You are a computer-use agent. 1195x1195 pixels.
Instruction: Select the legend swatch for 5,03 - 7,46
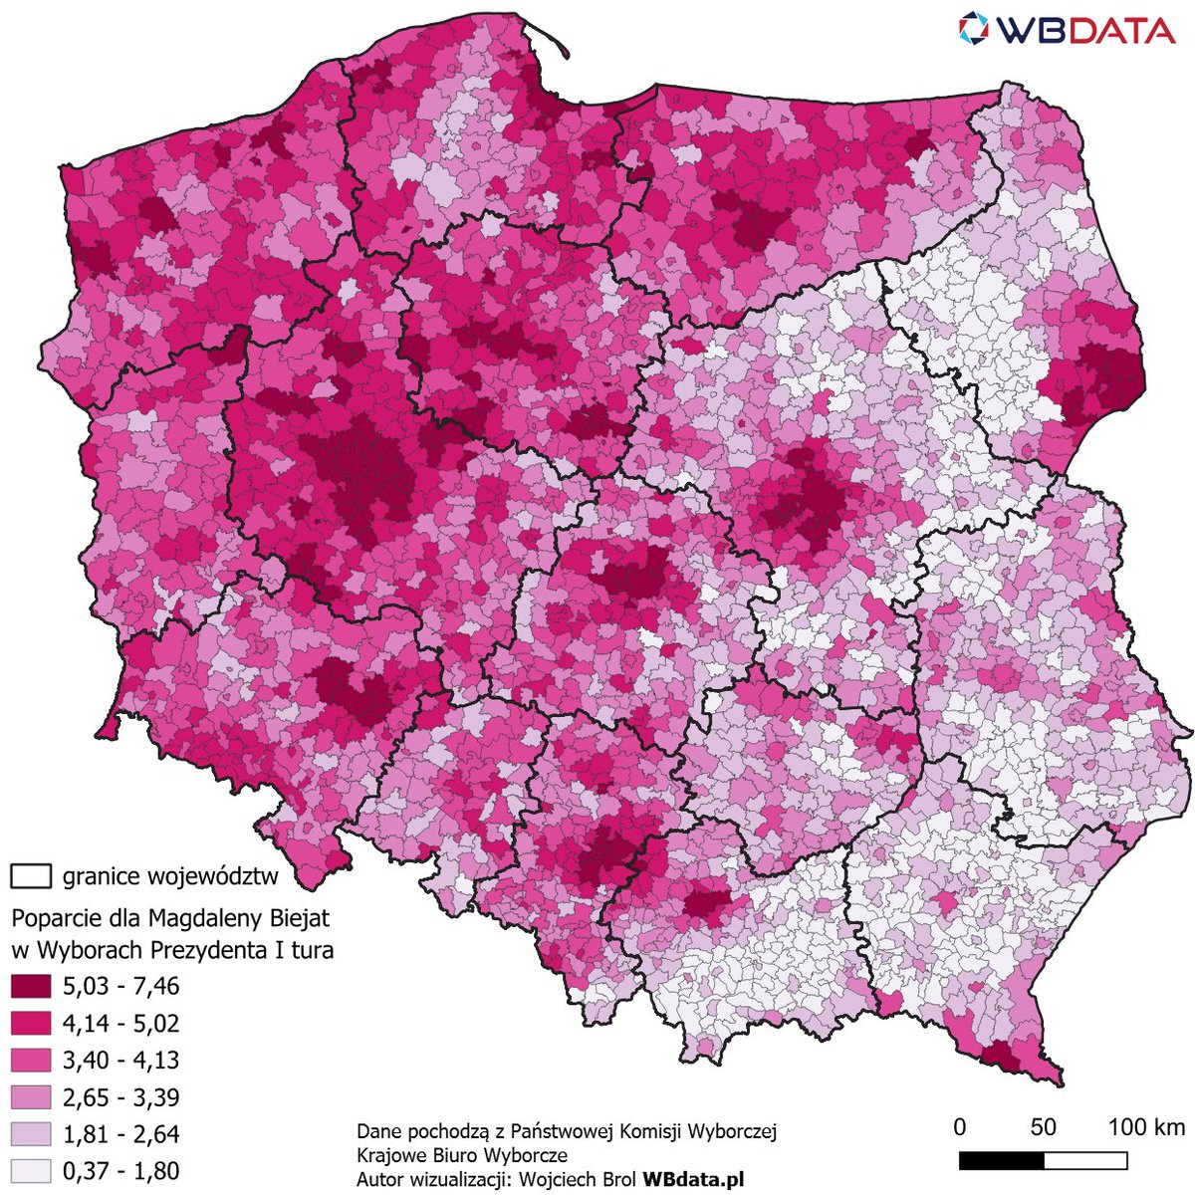click(x=30, y=986)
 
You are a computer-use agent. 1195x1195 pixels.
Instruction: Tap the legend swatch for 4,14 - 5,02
click(x=30, y=1023)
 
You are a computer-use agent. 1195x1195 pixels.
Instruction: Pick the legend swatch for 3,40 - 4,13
click(x=30, y=1060)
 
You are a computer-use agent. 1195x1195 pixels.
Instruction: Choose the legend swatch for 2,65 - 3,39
click(x=30, y=1097)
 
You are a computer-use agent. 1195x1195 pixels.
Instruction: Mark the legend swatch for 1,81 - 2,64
click(x=30, y=1134)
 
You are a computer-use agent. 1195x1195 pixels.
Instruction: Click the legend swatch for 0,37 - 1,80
click(x=30, y=1171)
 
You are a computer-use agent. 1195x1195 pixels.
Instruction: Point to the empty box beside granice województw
click(x=30, y=876)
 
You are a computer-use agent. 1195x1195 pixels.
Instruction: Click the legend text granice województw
click(x=169, y=877)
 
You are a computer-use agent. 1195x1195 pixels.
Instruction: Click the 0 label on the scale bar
click(x=959, y=1127)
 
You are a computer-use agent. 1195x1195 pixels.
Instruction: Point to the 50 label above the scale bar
click(x=1043, y=1127)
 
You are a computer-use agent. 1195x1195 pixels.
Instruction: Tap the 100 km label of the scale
click(x=1146, y=1127)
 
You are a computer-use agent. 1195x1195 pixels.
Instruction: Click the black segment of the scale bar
click(x=1001, y=1161)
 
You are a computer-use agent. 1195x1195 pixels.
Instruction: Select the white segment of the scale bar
click(x=1085, y=1161)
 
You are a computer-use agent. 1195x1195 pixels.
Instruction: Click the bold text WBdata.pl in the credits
click(x=693, y=1179)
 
